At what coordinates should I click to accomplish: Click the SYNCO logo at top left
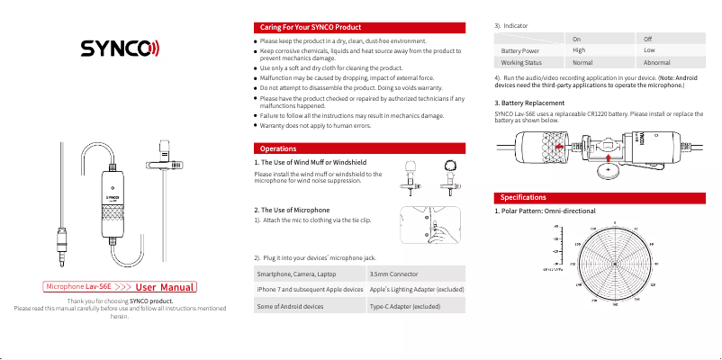(x=119, y=48)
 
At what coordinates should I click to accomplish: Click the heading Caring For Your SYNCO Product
(x=298, y=28)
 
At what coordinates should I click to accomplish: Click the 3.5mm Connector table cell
(x=397, y=273)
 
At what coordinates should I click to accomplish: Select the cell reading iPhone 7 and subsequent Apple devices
(x=310, y=289)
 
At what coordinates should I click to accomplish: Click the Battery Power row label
(x=519, y=51)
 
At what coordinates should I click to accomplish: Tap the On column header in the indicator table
(x=576, y=39)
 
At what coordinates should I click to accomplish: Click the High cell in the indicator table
(x=579, y=50)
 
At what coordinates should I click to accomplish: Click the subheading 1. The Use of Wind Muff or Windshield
(x=311, y=162)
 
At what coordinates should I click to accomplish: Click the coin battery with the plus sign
(x=609, y=167)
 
